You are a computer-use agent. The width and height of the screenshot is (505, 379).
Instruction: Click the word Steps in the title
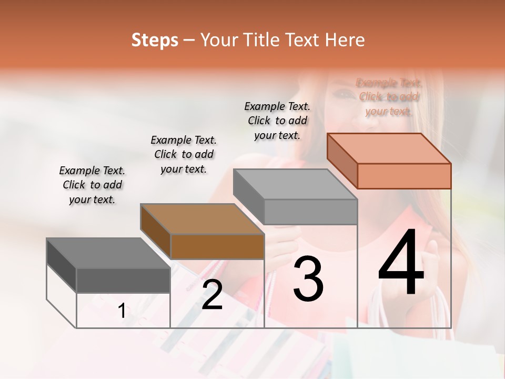155,40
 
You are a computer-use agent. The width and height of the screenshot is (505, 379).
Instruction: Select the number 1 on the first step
122,311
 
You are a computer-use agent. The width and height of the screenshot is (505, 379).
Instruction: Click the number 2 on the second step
212,295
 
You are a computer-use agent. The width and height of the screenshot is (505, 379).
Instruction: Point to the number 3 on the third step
308,279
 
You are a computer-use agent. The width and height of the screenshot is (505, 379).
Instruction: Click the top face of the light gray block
295,184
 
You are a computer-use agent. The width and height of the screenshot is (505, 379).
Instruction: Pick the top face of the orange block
389,148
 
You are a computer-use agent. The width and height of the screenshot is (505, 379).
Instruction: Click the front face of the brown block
217,246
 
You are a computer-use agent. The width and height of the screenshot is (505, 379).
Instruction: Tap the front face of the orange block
404,176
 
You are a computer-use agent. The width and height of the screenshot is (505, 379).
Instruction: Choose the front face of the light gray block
310,212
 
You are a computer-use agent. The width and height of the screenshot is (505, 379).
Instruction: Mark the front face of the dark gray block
123,280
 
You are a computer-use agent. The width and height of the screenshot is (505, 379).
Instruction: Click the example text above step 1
92,185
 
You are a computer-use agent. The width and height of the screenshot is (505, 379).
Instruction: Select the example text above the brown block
184,154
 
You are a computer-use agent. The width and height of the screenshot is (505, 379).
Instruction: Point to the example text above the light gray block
277,121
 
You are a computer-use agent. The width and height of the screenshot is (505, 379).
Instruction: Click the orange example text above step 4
389,97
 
